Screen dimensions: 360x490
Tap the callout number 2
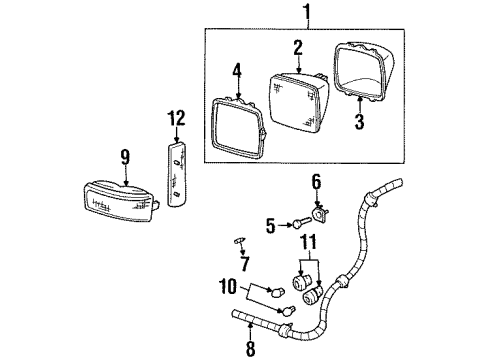(297, 48)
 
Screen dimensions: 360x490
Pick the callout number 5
(270, 226)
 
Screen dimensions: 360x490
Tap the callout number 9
(125, 156)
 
